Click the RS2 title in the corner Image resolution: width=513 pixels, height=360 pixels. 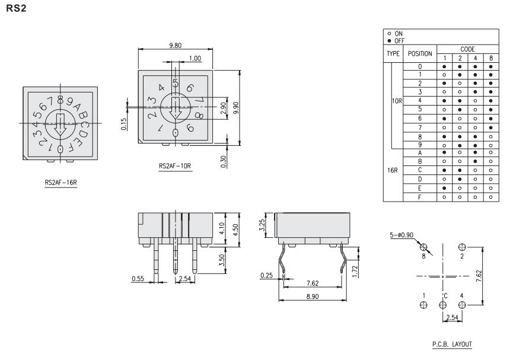[x=16, y=8]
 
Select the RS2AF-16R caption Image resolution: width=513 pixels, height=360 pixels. [x=61, y=182]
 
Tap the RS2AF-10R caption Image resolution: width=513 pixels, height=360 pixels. [x=175, y=165]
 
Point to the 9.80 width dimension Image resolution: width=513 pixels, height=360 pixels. [x=176, y=45]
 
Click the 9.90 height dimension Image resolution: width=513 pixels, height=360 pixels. [x=236, y=108]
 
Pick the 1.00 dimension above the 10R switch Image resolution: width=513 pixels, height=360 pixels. [x=195, y=58]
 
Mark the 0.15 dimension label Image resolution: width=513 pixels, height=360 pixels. [x=124, y=124]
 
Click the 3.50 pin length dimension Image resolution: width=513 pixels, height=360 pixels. [x=221, y=260]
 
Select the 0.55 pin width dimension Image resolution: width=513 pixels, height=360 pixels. [x=138, y=279]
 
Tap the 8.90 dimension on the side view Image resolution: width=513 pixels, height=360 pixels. [x=313, y=296]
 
